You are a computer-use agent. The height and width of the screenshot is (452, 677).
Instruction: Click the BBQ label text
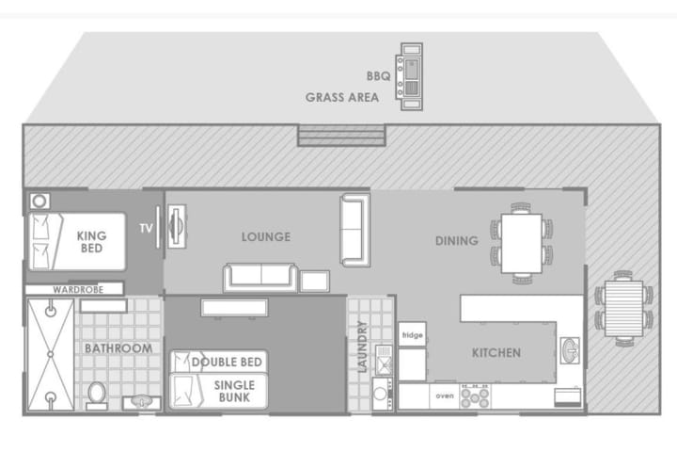pyautogui.click(x=378, y=76)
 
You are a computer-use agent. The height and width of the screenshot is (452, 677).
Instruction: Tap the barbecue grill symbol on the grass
pyautogui.click(x=409, y=76)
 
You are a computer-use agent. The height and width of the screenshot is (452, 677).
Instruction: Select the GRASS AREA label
pyautogui.click(x=342, y=97)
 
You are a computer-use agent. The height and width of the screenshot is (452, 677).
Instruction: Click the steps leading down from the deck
pyautogui.click(x=341, y=135)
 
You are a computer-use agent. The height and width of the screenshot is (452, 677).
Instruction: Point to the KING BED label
pyautogui.click(x=91, y=242)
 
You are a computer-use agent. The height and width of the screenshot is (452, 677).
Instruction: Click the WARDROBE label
pyautogui.click(x=78, y=289)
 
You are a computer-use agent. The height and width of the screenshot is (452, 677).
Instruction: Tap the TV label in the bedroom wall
pyautogui.click(x=146, y=229)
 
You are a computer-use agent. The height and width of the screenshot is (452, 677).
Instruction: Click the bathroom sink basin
pyautogui.click(x=142, y=402)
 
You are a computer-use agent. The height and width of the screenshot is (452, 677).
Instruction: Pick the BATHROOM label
pyautogui.click(x=118, y=348)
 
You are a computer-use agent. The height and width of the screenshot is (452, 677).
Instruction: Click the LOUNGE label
pyautogui.click(x=266, y=236)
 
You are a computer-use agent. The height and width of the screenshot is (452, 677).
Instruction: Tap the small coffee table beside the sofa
pyautogui.click(x=315, y=282)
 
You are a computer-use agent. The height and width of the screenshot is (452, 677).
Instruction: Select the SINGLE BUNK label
pyautogui.click(x=234, y=392)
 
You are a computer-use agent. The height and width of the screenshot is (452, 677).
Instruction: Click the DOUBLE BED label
pyautogui.click(x=227, y=362)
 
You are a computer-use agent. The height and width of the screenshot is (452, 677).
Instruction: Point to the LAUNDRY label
pyautogui.click(x=362, y=346)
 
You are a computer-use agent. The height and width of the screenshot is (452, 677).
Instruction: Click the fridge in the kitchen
pyautogui.click(x=413, y=334)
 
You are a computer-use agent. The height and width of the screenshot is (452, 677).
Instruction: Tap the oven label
pyautogui.click(x=445, y=395)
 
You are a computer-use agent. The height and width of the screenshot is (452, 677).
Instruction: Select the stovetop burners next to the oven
pyautogui.click(x=475, y=396)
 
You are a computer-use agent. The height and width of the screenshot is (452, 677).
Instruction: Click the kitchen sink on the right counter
pyautogui.click(x=570, y=350)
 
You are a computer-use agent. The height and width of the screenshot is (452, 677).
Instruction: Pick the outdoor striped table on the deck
pyautogui.click(x=624, y=309)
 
